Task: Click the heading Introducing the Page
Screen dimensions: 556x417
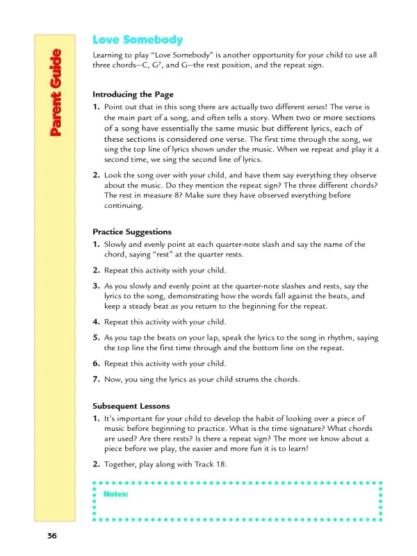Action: [133, 94]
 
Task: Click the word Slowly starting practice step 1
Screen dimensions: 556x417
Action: [117, 245]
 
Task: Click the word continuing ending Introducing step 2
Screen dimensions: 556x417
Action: [124, 206]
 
